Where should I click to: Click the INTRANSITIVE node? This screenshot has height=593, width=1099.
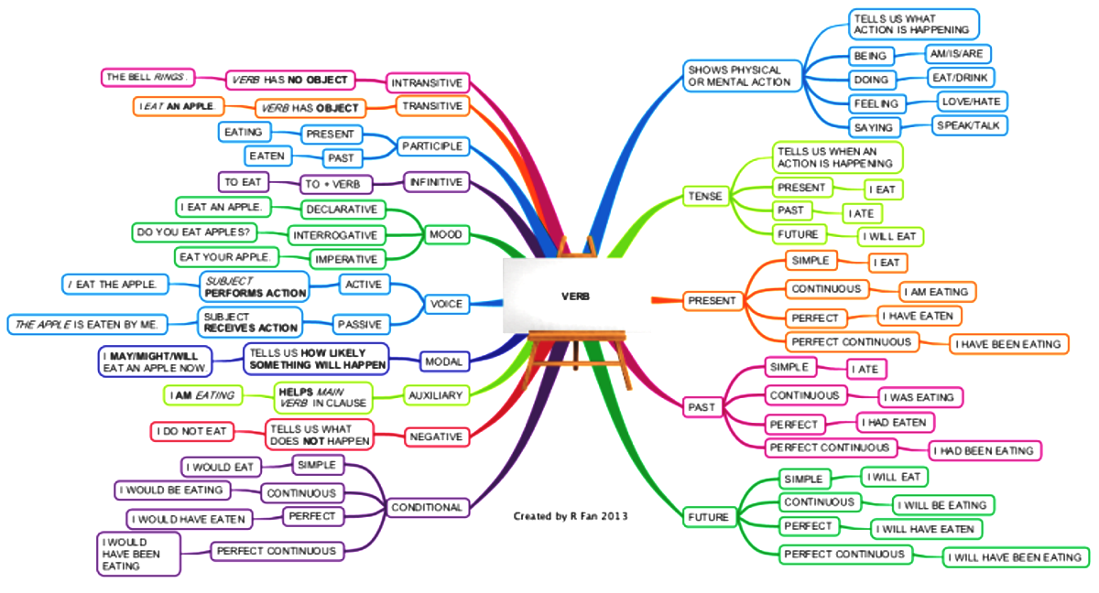click(428, 83)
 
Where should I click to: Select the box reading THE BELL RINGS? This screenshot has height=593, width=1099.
click(147, 78)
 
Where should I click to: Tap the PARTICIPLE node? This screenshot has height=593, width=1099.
click(432, 146)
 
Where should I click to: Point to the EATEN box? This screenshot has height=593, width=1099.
click(267, 156)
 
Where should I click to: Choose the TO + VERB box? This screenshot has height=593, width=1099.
click(336, 184)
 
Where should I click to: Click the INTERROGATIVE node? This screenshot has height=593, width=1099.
click(336, 235)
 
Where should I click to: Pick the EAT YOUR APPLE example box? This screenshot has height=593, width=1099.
click(225, 257)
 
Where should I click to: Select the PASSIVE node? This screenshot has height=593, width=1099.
click(361, 325)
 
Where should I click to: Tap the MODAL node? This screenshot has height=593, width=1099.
click(444, 361)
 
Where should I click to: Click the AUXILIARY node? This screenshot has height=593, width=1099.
click(436, 395)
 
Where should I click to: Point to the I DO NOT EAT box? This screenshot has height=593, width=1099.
click(191, 431)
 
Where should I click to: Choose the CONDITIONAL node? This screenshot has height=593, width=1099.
click(428, 507)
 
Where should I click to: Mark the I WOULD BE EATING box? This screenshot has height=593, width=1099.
click(172, 491)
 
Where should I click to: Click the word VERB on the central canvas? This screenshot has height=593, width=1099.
click(575, 296)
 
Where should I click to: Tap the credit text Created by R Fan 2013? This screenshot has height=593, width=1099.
click(571, 516)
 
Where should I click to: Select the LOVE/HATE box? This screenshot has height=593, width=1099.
click(972, 102)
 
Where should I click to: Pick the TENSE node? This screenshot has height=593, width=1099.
click(705, 196)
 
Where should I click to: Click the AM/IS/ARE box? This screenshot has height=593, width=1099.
click(957, 54)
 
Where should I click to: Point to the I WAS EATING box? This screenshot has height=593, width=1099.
click(920, 397)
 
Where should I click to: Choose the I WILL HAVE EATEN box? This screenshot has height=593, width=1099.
click(926, 529)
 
